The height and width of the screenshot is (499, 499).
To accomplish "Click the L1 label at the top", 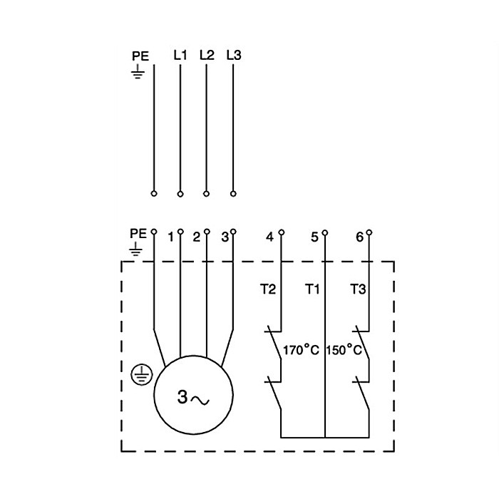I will click(180, 54).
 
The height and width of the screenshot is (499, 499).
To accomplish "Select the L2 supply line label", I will click(207, 54).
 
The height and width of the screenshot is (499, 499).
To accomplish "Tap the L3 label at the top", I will click(233, 54).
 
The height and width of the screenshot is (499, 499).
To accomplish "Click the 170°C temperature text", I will click(301, 351).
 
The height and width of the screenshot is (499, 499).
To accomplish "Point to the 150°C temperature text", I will click(346, 351).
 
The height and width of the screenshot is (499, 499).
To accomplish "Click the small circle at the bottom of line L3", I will click(233, 193).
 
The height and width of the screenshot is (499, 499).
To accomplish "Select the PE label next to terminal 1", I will click(138, 234).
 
